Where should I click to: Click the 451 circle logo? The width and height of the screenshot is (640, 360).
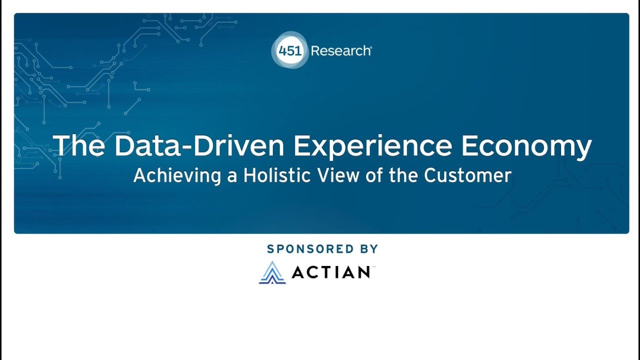pos(290,50)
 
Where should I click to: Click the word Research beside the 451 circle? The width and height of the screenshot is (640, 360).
pos(340,50)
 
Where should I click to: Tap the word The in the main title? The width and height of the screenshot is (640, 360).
pos(78,145)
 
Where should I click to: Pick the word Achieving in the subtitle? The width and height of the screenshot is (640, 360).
pos(177,176)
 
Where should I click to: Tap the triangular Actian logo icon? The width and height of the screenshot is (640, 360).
pos(272,272)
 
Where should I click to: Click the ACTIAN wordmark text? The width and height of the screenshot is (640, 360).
pos(330,272)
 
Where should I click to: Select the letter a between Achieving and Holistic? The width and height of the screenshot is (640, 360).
pos(232,176)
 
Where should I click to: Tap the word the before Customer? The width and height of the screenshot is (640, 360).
pos(404,175)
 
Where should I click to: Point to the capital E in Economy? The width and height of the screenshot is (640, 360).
pos(471,145)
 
